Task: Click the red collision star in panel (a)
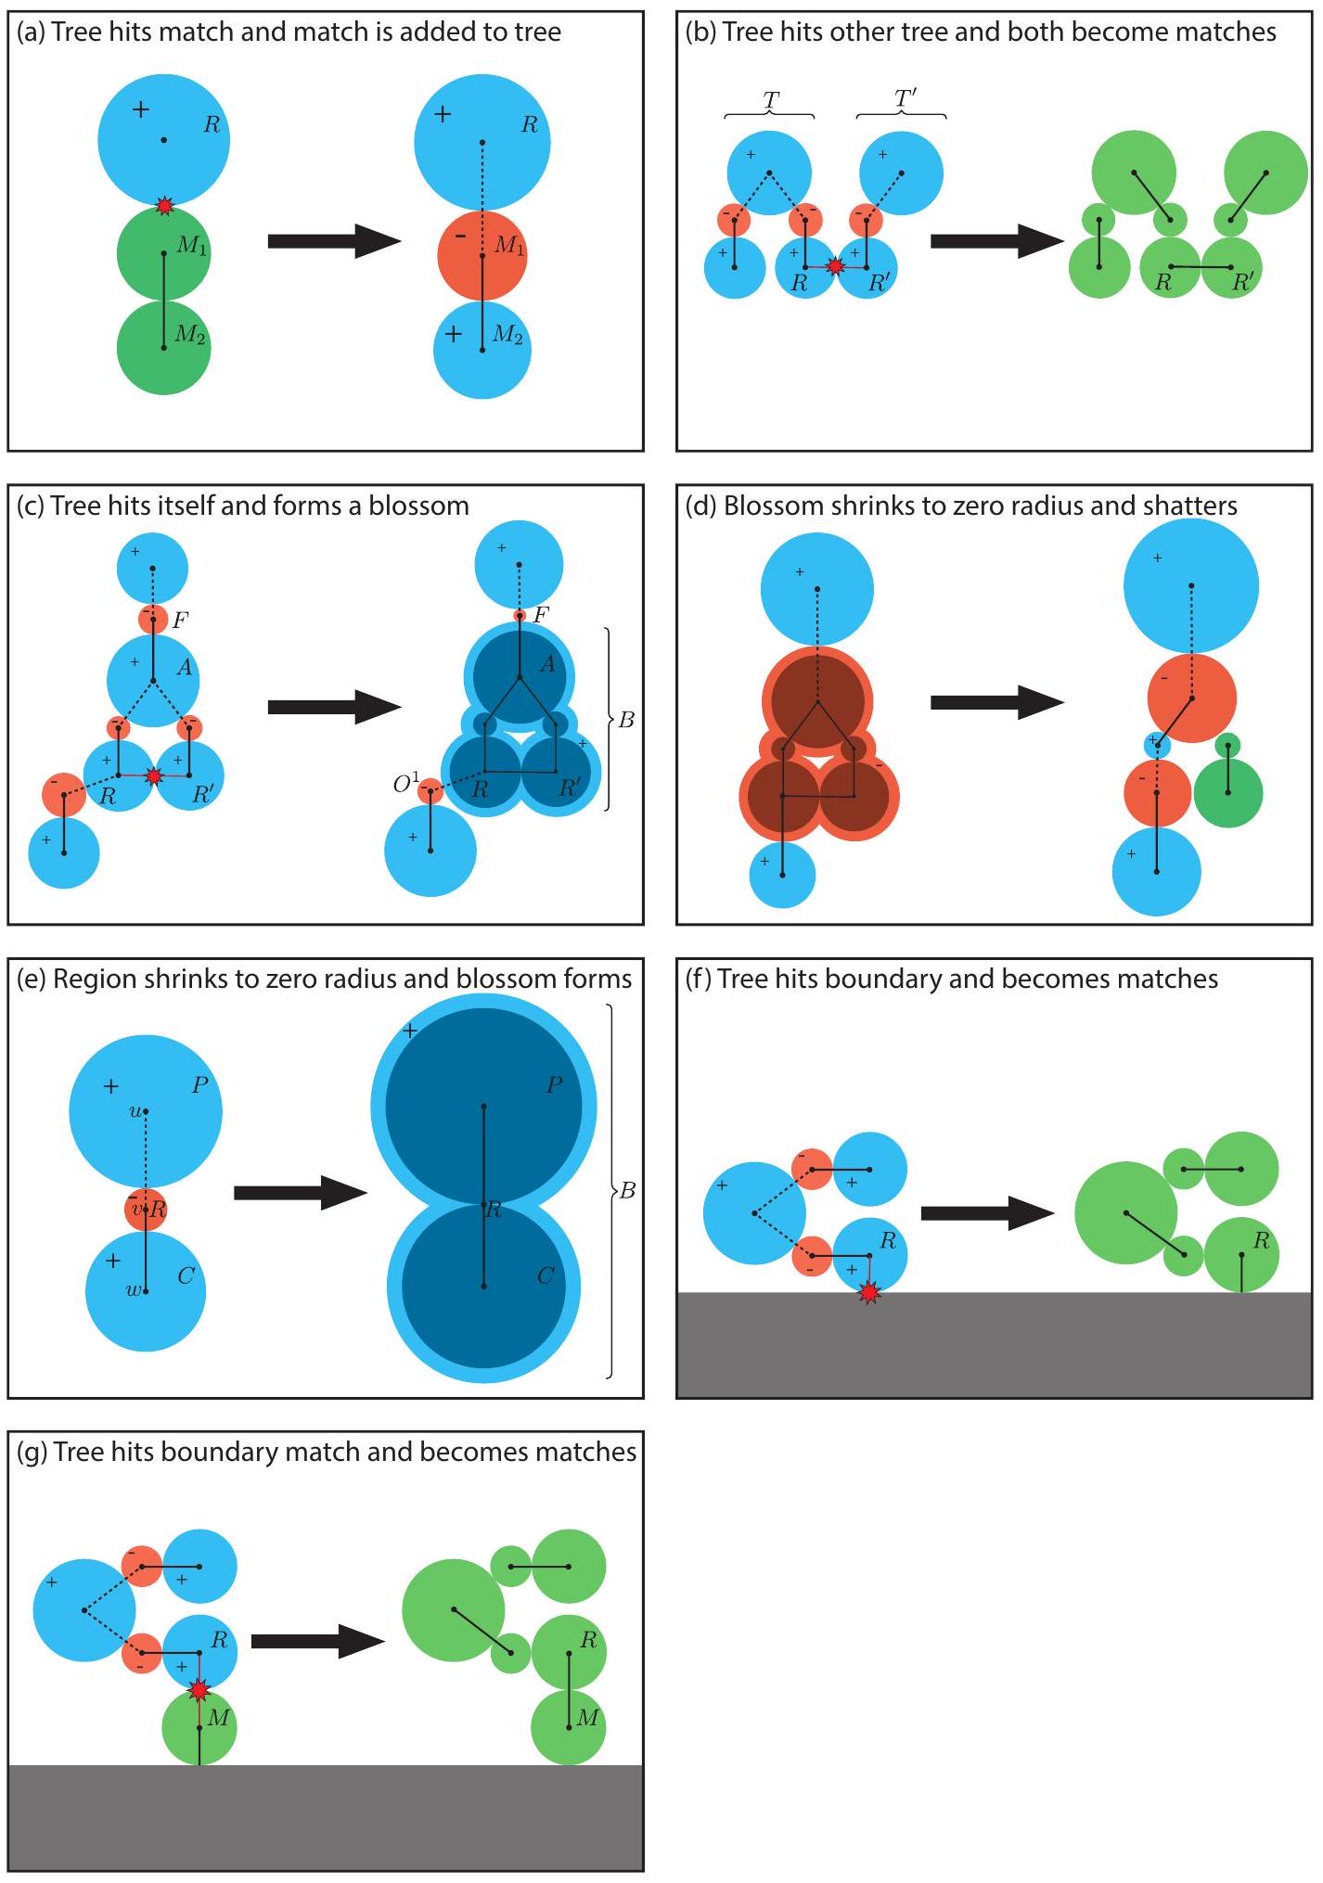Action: tap(164, 206)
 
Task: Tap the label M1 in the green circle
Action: tap(192, 246)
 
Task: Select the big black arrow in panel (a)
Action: tap(333, 241)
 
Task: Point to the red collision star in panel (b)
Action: tap(835, 266)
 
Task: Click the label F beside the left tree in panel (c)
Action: tap(180, 620)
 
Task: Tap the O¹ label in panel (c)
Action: tap(405, 784)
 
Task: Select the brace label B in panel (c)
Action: tap(626, 720)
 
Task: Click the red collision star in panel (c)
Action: tap(154, 775)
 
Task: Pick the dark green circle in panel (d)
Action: tap(1227, 793)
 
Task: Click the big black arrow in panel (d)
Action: tap(996, 702)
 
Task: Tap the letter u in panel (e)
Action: tap(135, 1110)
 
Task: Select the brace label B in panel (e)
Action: tap(627, 1190)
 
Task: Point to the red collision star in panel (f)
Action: tap(868, 1292)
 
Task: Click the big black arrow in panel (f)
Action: tap(987, 1213)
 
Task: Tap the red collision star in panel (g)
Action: tap(199, 1690)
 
